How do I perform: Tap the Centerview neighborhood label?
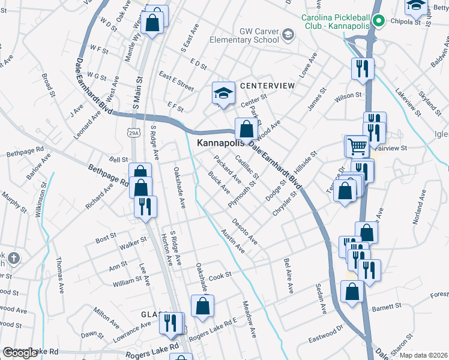click(267, 86)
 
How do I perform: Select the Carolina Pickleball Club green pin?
click(378, 21)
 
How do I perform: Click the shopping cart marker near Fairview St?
click(357, 145)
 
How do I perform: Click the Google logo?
click(20, 353)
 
